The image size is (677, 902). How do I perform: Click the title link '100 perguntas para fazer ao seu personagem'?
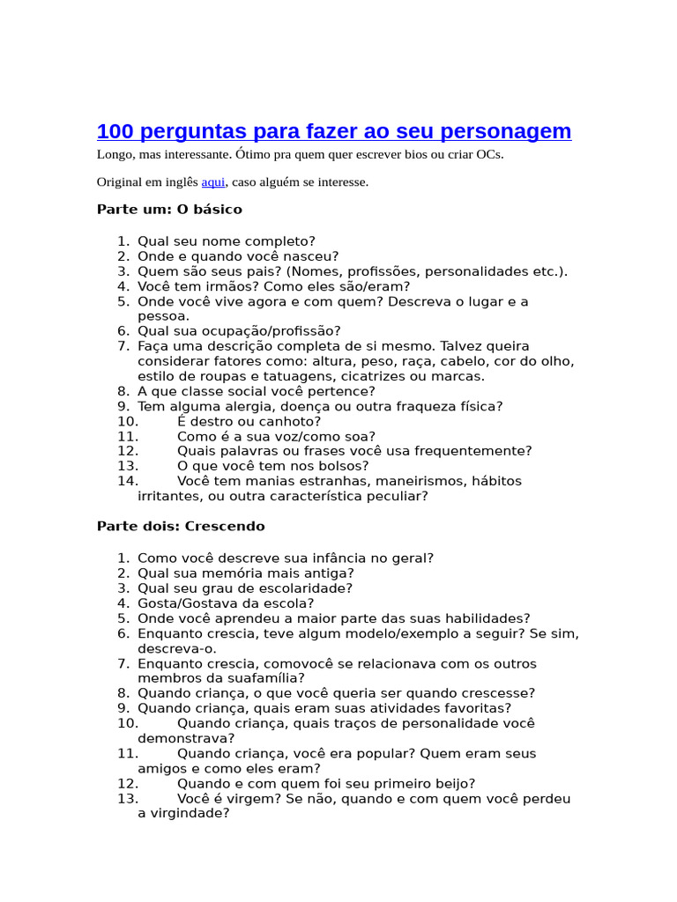pos(334,132)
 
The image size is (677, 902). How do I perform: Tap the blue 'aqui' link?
pos(213,182)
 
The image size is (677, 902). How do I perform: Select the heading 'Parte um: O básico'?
pos(169,210)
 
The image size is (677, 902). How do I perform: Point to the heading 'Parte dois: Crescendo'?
pos(181,526)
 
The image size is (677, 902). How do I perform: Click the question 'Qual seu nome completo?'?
pos(227,241)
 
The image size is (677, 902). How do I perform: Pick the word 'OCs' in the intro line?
pos(488,155)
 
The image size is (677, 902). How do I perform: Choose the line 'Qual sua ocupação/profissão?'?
pos(239,331)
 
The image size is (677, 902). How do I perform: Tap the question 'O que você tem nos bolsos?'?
pos(273,466)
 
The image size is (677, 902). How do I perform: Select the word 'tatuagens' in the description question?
pos(281,376)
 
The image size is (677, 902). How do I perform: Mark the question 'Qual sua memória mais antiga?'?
pos(234,573)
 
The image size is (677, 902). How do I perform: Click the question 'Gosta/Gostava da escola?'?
pos(226,603)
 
